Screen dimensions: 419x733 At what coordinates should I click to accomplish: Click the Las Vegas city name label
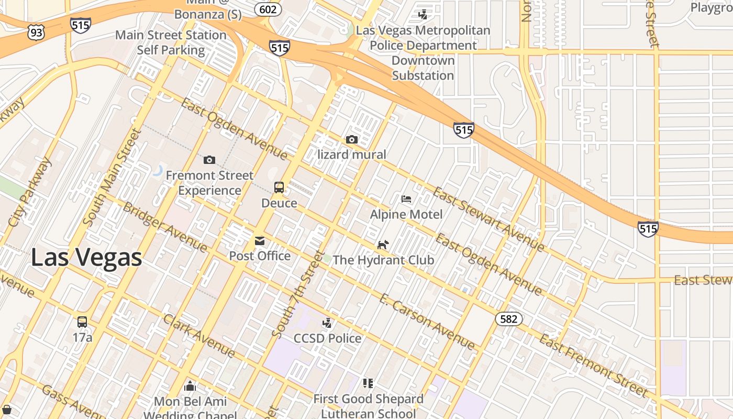(86, 258)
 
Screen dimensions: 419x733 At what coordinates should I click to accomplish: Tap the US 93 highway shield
(36, 33)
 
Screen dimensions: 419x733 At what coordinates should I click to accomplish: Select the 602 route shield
(268, 9)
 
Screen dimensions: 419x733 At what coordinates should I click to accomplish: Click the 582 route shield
(508, 319)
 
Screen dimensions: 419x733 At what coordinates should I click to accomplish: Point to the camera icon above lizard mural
(352, 139)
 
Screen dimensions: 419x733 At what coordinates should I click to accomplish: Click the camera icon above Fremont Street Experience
(209, 160)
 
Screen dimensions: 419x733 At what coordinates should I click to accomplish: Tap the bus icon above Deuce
(279, 188)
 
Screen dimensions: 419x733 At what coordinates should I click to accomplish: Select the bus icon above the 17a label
(82, 322)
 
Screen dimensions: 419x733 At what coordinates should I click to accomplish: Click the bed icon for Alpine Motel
(406, 199)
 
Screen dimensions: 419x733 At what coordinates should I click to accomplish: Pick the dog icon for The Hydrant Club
(383, 245)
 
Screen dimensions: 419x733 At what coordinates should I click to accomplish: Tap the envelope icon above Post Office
(260, 241)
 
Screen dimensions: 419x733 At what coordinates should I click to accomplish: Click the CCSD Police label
(327, 338)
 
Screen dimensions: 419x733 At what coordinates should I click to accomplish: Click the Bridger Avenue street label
(164, 226)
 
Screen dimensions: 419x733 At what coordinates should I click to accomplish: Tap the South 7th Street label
(297, 293)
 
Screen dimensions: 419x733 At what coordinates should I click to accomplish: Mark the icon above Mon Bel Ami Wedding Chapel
(190, 387)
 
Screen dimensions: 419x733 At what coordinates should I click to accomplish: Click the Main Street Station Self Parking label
(171, 42)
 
